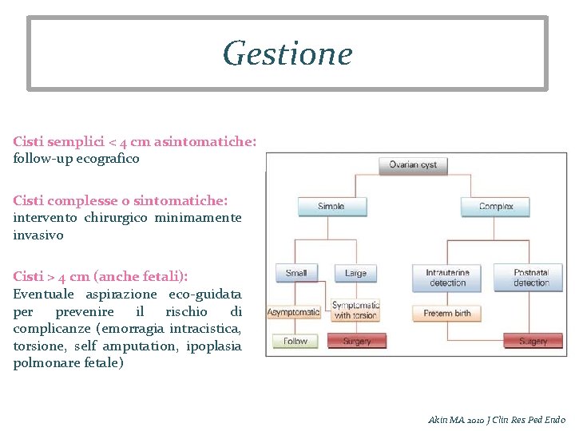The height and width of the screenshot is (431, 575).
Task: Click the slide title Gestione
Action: (x=287, y=53)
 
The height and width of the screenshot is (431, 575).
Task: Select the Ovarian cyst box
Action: (x=413, y=165)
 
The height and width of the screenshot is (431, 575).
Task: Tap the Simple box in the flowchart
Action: (x=331, y=207)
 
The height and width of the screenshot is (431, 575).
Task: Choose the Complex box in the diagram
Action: (x=496, y=207)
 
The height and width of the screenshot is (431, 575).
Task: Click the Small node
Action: (x=295, y=273)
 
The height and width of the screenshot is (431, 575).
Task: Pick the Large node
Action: (x=355, y=273)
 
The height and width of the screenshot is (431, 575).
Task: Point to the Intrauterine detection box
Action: (x=447, y=277)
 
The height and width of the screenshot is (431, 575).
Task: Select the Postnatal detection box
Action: (x=531, y=277)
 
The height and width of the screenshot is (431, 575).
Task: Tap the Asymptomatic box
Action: (x=293, y=311)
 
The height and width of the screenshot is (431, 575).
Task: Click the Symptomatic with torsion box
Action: (x=355, y=310)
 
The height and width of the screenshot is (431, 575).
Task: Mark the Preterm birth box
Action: (x=447, y=313)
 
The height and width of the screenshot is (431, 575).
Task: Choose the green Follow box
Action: (x=295, y=341)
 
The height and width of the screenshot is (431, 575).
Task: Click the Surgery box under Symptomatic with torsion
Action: (x=356, y=341)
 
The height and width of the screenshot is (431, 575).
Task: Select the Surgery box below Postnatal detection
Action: (x=533, y=341)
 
